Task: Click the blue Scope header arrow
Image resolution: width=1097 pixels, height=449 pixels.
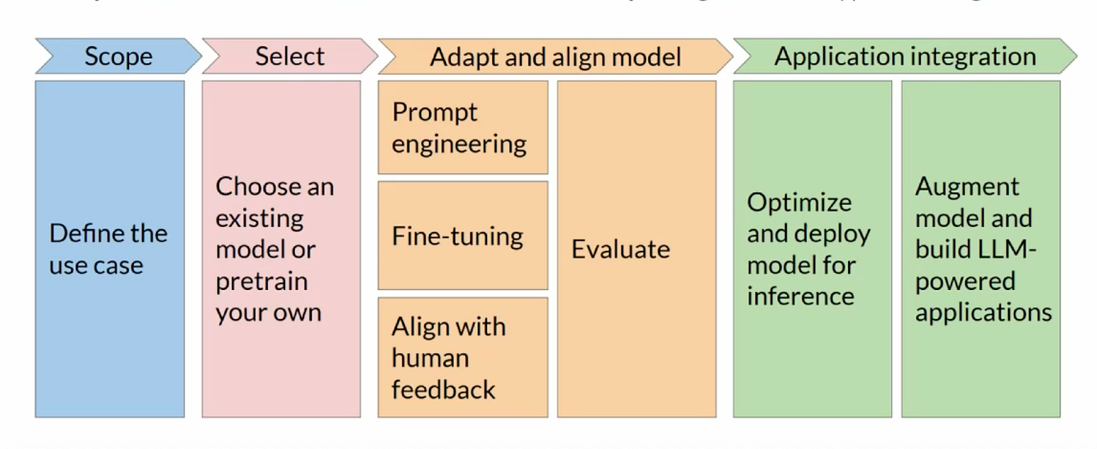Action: (x=118, y=57)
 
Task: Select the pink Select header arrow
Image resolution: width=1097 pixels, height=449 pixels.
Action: (x=289, y=57)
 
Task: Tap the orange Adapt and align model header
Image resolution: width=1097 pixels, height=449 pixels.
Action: (x=555, y=57)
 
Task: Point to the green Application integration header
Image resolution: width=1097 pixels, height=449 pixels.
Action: (x=905, y=57)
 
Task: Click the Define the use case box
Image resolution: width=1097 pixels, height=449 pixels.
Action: (x=109, y=249)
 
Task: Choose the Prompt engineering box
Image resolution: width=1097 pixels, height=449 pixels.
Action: (x=462, y=128)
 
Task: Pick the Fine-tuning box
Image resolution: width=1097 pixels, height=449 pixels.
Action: (x=462, y=236)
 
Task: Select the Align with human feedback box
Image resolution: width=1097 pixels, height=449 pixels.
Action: (x=462, y=357)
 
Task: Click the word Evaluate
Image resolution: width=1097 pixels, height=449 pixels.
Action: (x=620, y=249)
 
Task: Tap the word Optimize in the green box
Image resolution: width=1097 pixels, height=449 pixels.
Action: (x=799, y=202)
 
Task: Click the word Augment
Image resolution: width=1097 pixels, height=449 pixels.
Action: (x=967, y=187)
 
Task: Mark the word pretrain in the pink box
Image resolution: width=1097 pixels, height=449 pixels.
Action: (x=262, y=282)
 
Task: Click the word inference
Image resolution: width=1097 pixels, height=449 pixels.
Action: (x=801, y=296)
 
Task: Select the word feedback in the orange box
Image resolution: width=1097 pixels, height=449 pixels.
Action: (x=443, y=389)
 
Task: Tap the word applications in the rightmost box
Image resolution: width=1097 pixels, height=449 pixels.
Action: (x=983, y=313)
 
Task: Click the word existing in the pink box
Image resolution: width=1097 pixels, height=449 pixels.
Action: (x=259, y=218)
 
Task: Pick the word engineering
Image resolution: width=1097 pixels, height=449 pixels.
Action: (x=459, y=144)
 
